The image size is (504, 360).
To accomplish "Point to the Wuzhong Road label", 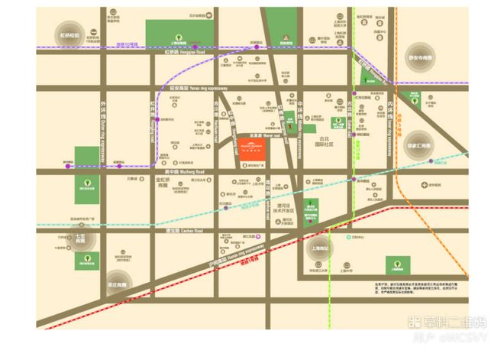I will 178,172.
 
